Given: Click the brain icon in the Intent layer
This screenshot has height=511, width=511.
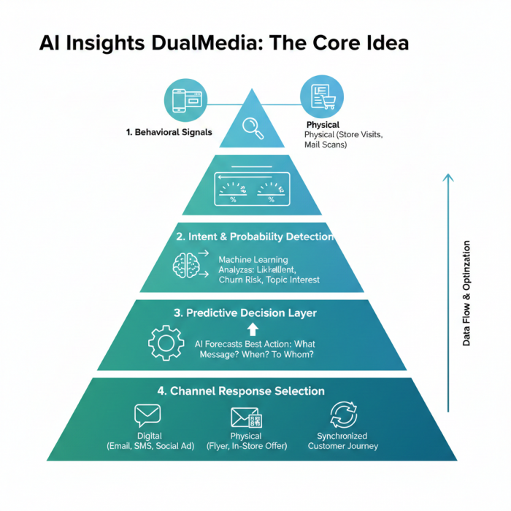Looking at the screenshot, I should click(185, 265).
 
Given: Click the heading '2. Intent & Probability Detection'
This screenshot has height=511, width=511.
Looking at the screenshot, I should click(255, 237).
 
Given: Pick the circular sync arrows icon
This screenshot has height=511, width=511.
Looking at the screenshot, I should click(342, 415).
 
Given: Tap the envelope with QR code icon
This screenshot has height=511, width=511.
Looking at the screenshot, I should click(246, 418).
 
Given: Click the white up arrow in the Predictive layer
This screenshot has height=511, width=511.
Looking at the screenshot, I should click(253, 329).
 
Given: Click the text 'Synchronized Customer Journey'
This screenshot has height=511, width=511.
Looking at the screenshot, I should click(342, 440).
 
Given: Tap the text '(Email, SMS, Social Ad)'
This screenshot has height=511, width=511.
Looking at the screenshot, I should click(150, 445).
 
